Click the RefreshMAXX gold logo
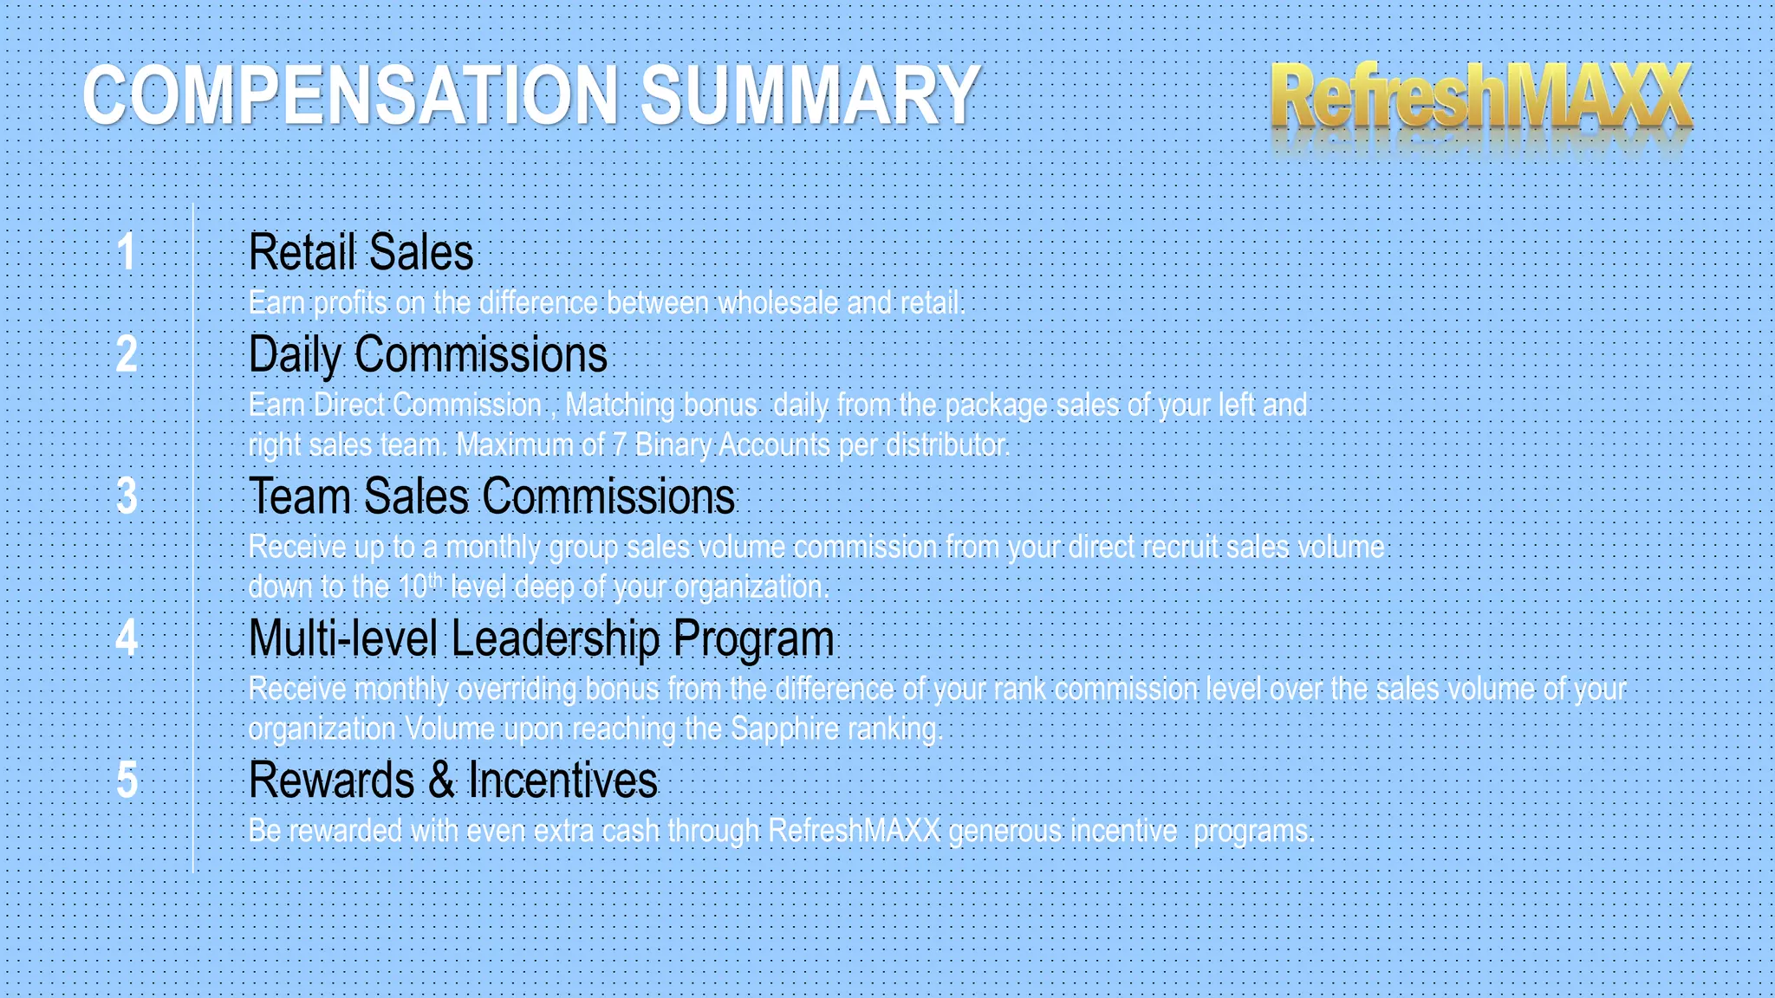pyautogui.click(x=1480, y=97)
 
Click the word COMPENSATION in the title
pyautogui.click(x=350, y=95)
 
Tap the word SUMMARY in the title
pyautogui.click(x=809, y=95)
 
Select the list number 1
pyautogui.click(x=127, y=252)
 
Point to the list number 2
pyautogui.click(x=127, y=354)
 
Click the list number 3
pyautogui.click(x=127, y=496)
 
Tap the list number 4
pyautogui.click(x=127, y=638)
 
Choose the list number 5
pyautogui.click(x=127, y=780)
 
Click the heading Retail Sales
pyautogui.click(x=361, y=252)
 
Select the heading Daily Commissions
pyautogui.click(x=428, y=354)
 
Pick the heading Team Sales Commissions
pyautogui.click(x=491, y=496)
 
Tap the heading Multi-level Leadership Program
pyautogui.click(x=541, y=638)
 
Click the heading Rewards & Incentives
pyautogui.click(x=452, y=780)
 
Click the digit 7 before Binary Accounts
pyautogui.click(x=619, y=445)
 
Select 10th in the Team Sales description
pyautogui.click(x=420, y=586)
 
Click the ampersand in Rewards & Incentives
pyautogui.click(x=441, y=780)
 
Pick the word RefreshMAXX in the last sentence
pyautogui.click(x=854, y=831)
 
